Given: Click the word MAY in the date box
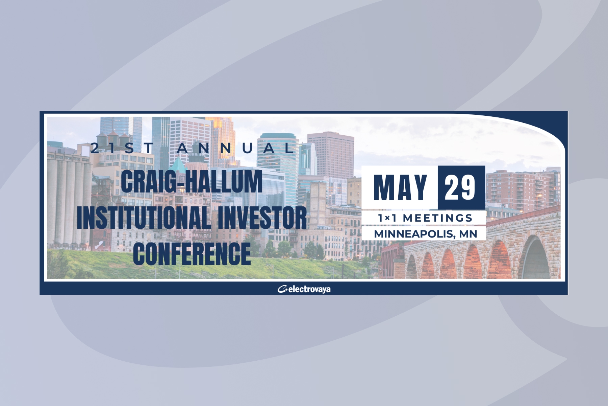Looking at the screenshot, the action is click(400, 187).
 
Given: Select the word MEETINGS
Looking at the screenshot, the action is click(437, 218).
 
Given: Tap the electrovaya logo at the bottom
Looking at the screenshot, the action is click(304, 289).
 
